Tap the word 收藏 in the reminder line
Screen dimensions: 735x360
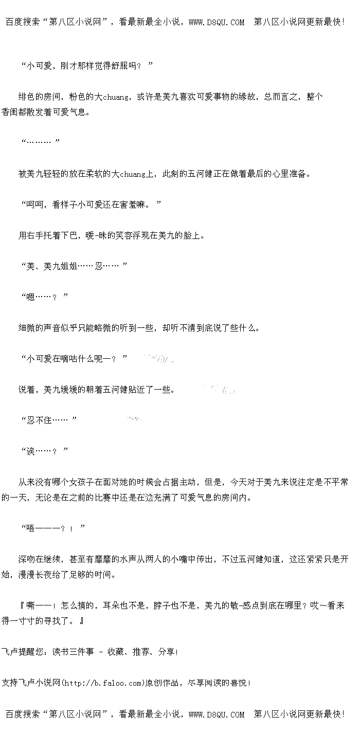(x=115, y=652)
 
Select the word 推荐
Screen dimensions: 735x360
(x=140, y=652)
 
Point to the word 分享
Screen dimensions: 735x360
(x=166, y=652)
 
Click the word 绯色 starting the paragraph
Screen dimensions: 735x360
(x=27, y=97)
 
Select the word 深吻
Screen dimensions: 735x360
(x=27, y=559)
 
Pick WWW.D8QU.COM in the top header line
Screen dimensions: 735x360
(x=216, y=22)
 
